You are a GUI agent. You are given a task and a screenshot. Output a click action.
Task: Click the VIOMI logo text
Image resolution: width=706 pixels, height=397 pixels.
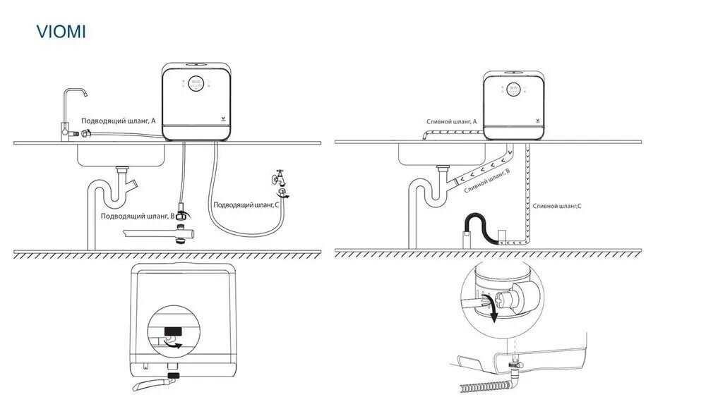coord(61,32)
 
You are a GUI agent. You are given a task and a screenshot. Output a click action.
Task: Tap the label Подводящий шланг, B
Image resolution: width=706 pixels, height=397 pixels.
coord(138,216)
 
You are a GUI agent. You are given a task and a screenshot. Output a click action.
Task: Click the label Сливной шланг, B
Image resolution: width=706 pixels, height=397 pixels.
coord(486,181)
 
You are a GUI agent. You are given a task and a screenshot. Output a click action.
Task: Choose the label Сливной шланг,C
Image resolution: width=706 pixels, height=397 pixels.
coord(557,205)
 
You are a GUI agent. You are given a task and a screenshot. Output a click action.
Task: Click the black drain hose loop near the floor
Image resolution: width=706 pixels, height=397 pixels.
coord(476,226)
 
